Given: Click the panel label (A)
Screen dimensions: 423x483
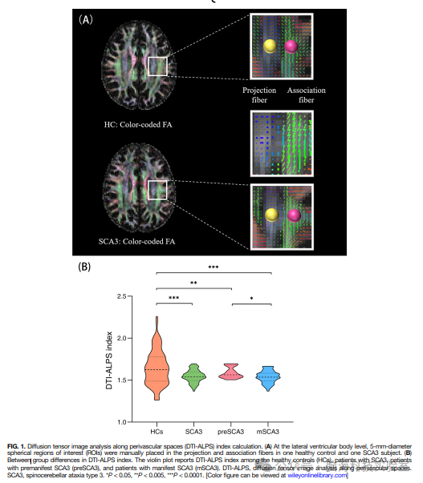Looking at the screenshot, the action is click(86, 20).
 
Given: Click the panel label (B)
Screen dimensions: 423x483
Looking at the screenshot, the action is click(84, 267).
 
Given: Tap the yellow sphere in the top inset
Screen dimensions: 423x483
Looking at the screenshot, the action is click(270, 46).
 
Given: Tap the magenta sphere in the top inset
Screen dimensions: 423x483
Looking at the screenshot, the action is click(291, 46).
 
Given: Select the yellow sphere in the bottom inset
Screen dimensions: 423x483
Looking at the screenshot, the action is click(272, 215).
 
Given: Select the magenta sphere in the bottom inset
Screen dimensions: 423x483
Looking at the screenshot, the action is click(294, 215).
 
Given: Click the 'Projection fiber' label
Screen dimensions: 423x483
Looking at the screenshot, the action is click(259, 95).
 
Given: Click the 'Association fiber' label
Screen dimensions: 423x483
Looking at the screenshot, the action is click(307, 95).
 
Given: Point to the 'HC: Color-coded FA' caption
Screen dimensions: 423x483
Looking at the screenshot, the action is click(138, 124).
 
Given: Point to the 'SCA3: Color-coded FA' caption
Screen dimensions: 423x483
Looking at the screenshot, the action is click(136, 241).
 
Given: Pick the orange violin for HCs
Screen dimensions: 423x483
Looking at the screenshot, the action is click(157, 359).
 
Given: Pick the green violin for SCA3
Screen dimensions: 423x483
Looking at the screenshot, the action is click(193, 377).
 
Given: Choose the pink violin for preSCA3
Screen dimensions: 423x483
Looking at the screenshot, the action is click(230, 372).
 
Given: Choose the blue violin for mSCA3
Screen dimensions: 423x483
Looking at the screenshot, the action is click(268, 379).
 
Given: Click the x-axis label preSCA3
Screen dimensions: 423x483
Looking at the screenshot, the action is click(230, 432).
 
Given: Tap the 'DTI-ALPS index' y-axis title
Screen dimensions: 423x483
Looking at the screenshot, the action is click(109, 360).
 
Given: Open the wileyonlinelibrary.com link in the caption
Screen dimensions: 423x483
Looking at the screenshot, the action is click(317, 475).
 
